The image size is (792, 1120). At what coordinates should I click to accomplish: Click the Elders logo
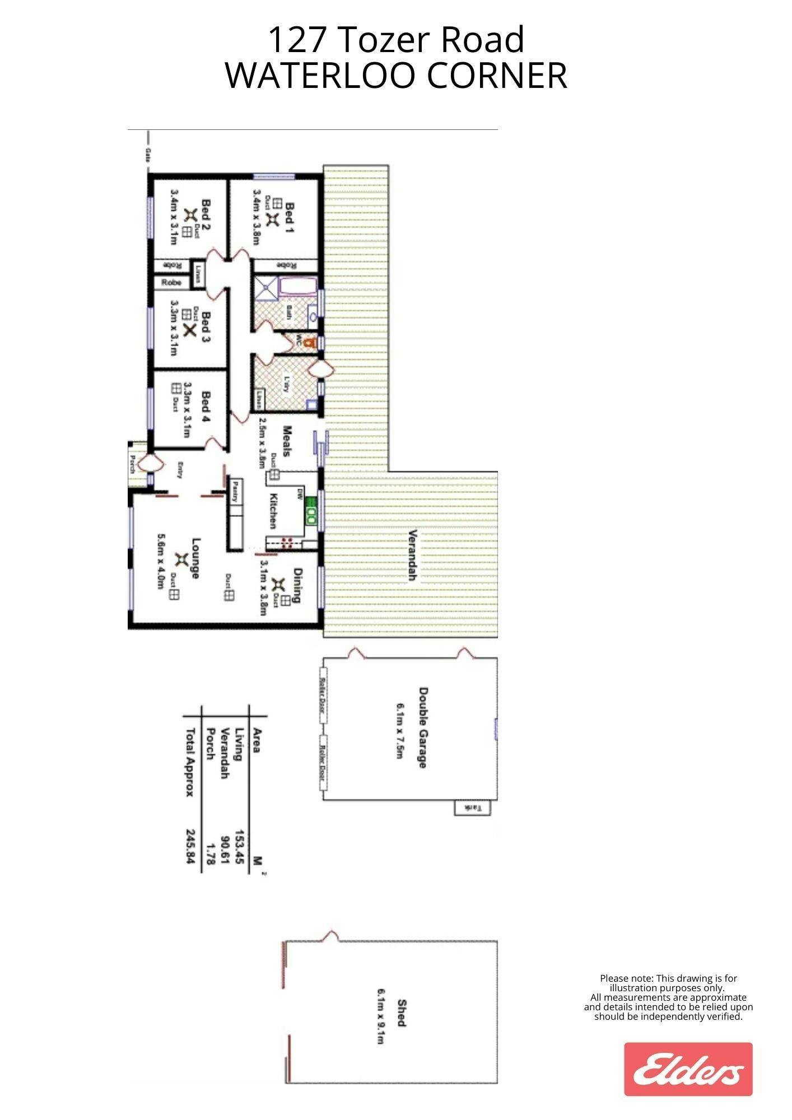click(688, 1068)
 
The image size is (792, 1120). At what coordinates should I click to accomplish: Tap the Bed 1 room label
click(290, 217)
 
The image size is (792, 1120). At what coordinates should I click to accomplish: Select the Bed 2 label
click(206, 215)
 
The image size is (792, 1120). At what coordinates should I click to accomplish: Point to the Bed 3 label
click(206, 326)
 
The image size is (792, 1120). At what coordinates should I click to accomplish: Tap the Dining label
click(297, 585)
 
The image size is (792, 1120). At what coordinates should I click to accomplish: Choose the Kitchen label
click(273, 510)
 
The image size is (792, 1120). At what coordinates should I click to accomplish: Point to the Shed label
click(400, 1012)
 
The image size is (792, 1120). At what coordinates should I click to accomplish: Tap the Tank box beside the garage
click(472, 808)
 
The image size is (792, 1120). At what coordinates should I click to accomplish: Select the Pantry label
click(236, 492)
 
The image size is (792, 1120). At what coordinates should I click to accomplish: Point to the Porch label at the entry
click(132, 464)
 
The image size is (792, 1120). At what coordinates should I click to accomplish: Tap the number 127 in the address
click(296, 40)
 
